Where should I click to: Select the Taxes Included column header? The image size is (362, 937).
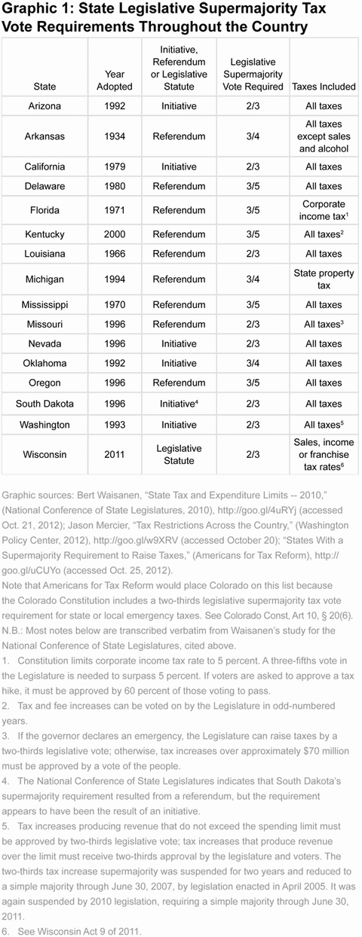(324, 87)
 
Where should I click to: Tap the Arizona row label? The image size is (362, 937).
(44, 107)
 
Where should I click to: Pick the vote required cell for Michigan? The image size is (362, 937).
(252, 279)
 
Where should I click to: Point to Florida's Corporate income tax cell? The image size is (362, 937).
(324, 210)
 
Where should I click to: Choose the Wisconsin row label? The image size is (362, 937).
(44, 454)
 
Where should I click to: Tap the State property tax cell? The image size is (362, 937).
(324, 279)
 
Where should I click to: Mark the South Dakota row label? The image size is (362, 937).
(44, 404)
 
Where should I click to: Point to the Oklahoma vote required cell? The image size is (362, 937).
(252, 363)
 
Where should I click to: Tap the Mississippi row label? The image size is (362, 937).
(44, 305)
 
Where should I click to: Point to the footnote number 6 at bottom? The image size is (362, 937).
(6, 931)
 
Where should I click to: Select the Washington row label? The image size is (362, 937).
(44, 424)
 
